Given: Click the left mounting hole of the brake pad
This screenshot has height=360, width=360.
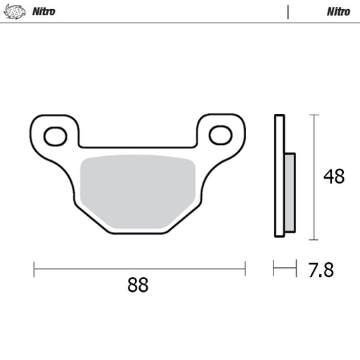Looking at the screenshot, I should [x=54, y=134].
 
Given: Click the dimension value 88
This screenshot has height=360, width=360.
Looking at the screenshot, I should [x=138, y=285].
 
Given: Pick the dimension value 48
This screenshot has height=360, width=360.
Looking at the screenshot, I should [x=333, y=176].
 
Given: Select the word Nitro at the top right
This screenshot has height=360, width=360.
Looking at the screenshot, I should [x=338, y=11].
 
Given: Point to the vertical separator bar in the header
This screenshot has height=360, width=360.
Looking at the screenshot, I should [x=288, y=11].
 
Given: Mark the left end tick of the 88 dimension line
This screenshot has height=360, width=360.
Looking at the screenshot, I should [x=34, y=268].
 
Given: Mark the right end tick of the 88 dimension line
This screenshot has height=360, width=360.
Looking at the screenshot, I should [x=245, y=268].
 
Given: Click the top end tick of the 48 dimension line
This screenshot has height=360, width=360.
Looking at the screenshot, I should [x=314, y=115].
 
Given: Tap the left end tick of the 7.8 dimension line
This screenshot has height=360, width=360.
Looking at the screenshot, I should [x=274, y=268].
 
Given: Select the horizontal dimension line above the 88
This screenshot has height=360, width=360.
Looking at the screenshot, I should [x=139, y=268].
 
